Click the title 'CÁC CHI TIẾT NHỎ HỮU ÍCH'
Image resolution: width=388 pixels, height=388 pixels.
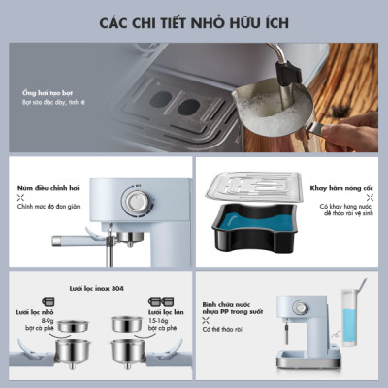(x=194, y=21)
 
